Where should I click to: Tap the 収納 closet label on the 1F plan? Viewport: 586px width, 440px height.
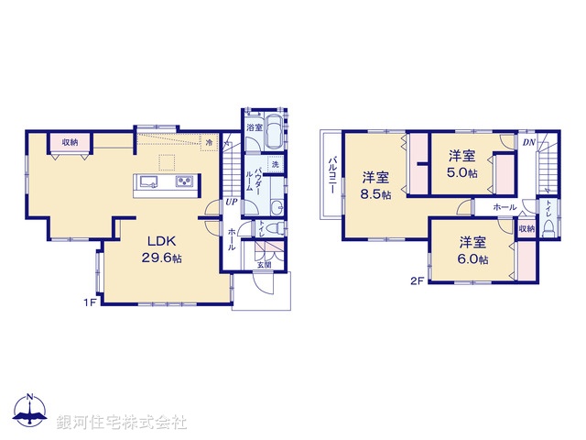tap(71, 143)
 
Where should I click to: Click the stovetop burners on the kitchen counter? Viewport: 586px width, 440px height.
tap(183, 181)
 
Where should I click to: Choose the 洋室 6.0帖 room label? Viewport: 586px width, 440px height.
tap(472, 250)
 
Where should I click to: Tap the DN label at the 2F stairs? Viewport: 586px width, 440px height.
tap(528, 142)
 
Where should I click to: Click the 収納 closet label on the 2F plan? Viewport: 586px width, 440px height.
tap(526, 228)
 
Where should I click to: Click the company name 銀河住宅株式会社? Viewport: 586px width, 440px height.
tap(121, 422)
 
